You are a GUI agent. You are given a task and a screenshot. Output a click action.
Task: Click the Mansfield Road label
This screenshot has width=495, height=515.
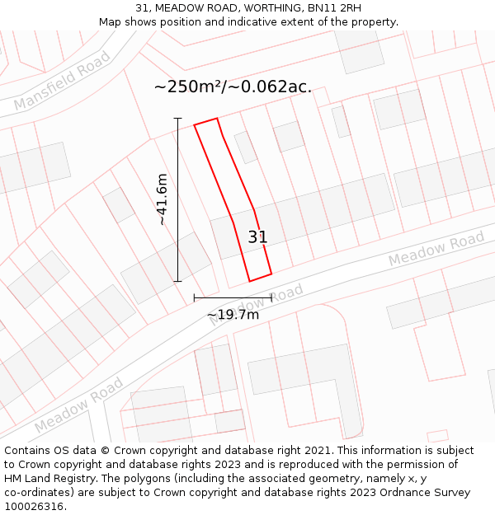63,81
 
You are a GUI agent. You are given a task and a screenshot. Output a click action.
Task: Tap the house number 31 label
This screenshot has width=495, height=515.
257,237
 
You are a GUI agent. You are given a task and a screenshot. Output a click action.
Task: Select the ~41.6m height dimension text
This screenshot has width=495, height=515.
162,199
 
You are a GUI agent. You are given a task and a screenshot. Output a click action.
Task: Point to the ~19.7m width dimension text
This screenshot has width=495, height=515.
233,314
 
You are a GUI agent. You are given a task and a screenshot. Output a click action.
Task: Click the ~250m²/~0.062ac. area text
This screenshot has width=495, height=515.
233,87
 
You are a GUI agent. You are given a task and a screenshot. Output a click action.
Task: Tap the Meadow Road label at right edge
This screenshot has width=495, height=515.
436,248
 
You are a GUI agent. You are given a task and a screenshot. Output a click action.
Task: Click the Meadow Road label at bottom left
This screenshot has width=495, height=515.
79,406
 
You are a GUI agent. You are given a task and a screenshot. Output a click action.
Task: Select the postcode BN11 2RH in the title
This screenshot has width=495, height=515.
333,8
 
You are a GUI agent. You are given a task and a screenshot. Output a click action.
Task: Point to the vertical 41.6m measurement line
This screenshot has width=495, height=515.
177,199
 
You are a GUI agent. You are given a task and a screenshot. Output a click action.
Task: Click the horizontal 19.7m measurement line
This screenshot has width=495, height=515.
233,297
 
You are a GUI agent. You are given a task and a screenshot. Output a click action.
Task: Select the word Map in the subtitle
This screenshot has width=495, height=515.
111,22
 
